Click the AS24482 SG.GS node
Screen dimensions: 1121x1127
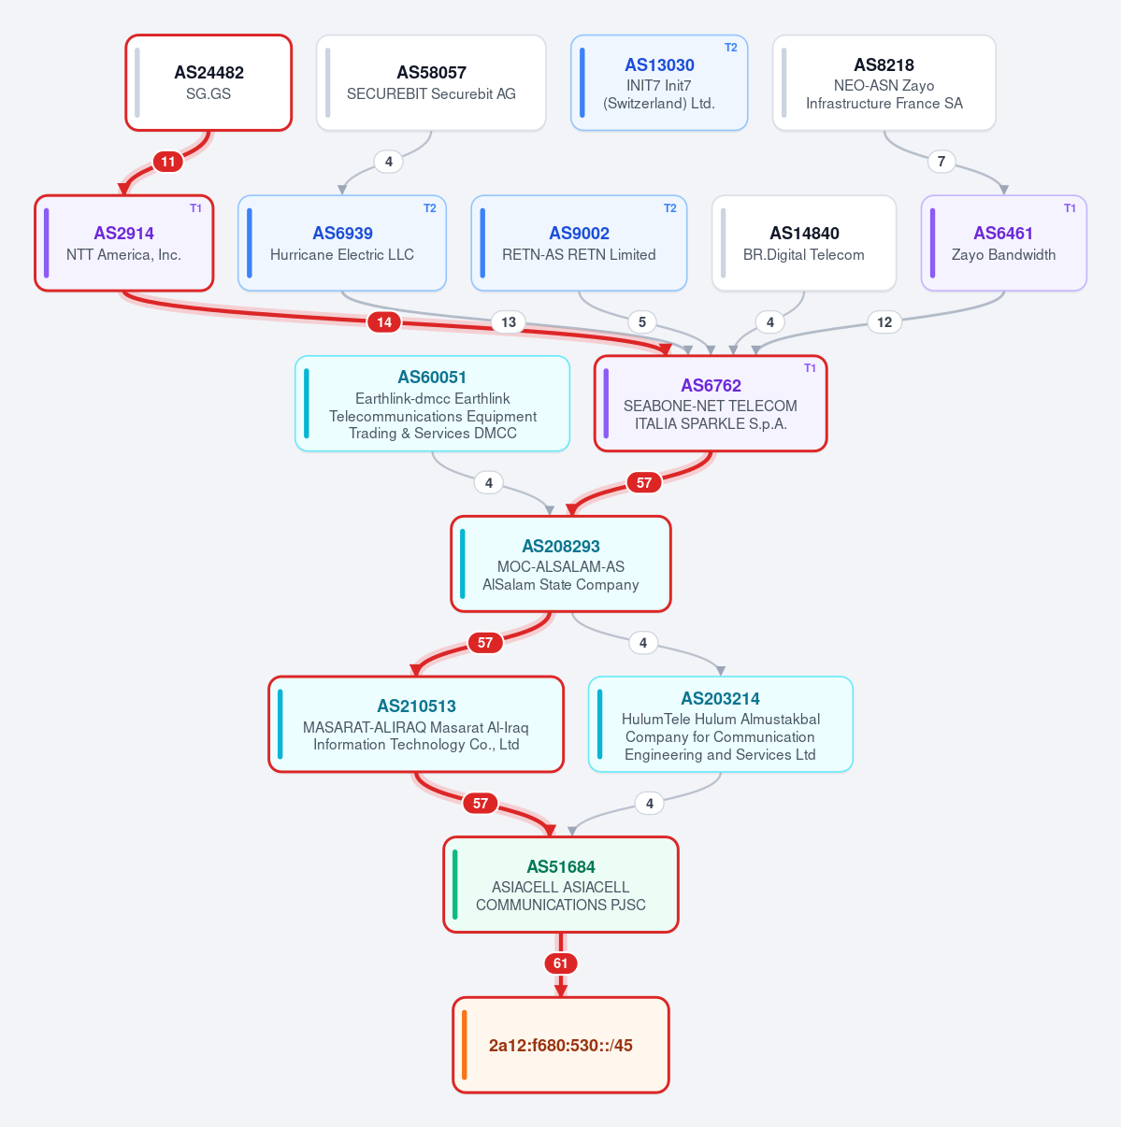pyautogui.click(x=208, y=82)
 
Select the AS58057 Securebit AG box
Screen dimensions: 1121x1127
pyautogui.click(x=431, y=82)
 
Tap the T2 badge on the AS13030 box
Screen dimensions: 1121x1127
pyautogui.click(x=730, y=48)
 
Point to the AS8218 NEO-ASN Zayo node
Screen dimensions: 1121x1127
pyautogui.click(x=884, y=82)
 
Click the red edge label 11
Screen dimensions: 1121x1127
pyautogui.click(x=168, y=162)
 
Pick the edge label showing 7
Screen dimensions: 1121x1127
pyautogui.click(x=941, y=162)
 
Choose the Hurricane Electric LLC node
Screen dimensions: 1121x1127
pyautogui.click(x=342, y=243)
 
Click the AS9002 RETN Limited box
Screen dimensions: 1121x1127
pyautogui.click(x=579, y=243)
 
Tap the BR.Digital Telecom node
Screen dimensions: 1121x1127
pyautogui.click(x=804, y=243)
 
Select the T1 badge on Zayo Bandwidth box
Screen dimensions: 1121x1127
pyautogui.click(x=1070, y=208)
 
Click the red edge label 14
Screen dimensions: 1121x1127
pyautogui.click(x=384, y=321)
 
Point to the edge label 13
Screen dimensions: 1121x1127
pyautogui.click(x=509, y=321)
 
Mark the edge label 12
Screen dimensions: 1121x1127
pyautogui.click(x=884, y=321)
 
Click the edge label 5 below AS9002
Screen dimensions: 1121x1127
pyautogui.click(x=642, y=321)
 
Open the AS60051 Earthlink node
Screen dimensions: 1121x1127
pyautogui.click(x=432, y=404)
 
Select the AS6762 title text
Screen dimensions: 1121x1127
pyautogui.click(x=711, y=385)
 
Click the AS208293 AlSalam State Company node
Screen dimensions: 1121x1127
pyautogui.click(x=561, y=563)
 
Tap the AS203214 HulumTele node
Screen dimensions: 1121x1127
pyautogui.click(x=721, y=724)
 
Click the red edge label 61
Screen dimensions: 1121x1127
pyautogui.click(x=561, y=963)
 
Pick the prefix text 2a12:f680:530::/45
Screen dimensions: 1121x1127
pyautogui.click(x=561, y=1045)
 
